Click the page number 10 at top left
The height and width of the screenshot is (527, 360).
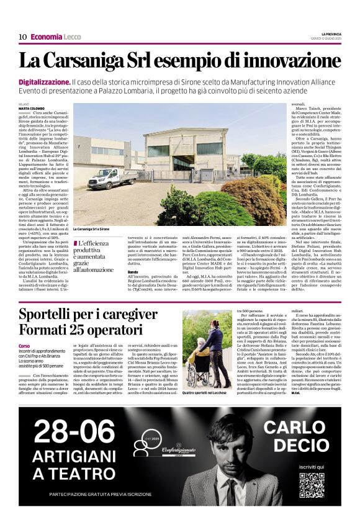coord(22,37)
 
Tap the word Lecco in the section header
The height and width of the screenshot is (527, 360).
coord(72,37)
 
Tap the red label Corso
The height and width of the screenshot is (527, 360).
coord(24,346)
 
